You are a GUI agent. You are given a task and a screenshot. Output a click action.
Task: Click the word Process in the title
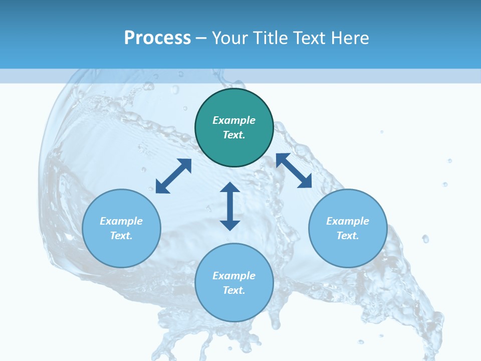tap(157, 38)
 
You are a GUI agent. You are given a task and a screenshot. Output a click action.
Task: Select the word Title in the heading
tap(272, 38)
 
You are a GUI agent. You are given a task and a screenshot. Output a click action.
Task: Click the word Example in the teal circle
tap(234, 120)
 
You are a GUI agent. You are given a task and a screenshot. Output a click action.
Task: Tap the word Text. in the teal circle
tap(234, 135)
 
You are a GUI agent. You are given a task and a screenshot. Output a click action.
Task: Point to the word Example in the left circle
tap(121, 221)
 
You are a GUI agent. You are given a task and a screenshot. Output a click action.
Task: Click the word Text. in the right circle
tap(348, 236)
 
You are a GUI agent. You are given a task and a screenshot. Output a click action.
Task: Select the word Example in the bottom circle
tap(234, 276)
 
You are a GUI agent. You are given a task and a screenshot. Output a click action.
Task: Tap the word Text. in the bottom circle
tap(234, 290)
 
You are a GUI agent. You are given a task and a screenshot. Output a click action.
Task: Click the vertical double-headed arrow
tap(230, 206)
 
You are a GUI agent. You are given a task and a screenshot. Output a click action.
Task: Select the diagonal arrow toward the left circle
tap(173, 176)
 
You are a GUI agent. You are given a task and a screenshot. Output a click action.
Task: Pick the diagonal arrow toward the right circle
tap(294, 171)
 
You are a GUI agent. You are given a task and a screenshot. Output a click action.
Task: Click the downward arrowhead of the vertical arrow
tap(230, 225)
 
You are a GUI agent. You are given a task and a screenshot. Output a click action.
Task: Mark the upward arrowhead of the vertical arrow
tap(230, 188)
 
